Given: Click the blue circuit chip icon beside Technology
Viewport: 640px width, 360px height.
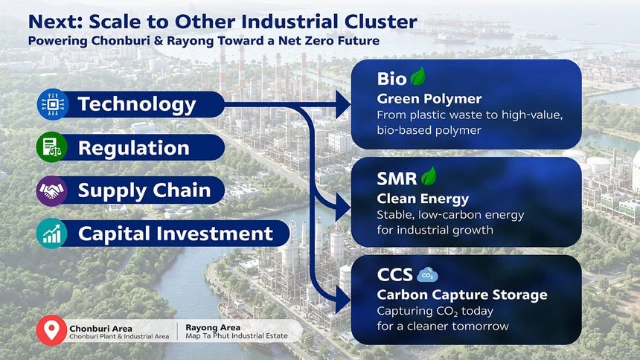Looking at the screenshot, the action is click(53, 104).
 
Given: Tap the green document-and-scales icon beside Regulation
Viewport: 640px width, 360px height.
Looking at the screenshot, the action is click(51, 147).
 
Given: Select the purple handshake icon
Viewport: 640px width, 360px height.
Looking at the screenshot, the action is click(51, 190).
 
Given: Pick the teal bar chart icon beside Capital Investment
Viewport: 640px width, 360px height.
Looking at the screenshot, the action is click(51, 234).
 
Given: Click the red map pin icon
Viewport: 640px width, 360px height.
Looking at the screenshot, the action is click(51, 330).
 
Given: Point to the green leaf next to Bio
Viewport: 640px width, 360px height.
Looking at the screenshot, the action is click(418, 77).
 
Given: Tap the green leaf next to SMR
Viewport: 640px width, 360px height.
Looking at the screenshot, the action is click(429, 176).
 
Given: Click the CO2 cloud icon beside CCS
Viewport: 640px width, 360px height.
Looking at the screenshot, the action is click(427, 275).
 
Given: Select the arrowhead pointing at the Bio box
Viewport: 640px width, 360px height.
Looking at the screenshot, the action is click(343, 104).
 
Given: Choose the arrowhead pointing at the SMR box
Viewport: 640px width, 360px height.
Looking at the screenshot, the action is click(343, 208).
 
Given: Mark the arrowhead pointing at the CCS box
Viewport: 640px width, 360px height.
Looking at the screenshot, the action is click(343, 300).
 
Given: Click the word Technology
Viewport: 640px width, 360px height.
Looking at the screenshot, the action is click(137, 104).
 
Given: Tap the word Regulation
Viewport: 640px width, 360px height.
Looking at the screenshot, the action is click(134, 148).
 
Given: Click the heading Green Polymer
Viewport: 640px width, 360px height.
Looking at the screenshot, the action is click(429, 99).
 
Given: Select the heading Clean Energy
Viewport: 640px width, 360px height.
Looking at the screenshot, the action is click(423, 199).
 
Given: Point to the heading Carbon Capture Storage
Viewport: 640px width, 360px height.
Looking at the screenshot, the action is click(462, 295).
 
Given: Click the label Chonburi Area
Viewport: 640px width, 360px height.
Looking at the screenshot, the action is click(100, 329).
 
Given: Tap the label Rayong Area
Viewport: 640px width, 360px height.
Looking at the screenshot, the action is click(213, 327).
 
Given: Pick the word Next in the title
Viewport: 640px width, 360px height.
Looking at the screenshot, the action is click(56, 22).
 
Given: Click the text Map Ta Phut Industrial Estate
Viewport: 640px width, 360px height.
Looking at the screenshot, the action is click(237, 336).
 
